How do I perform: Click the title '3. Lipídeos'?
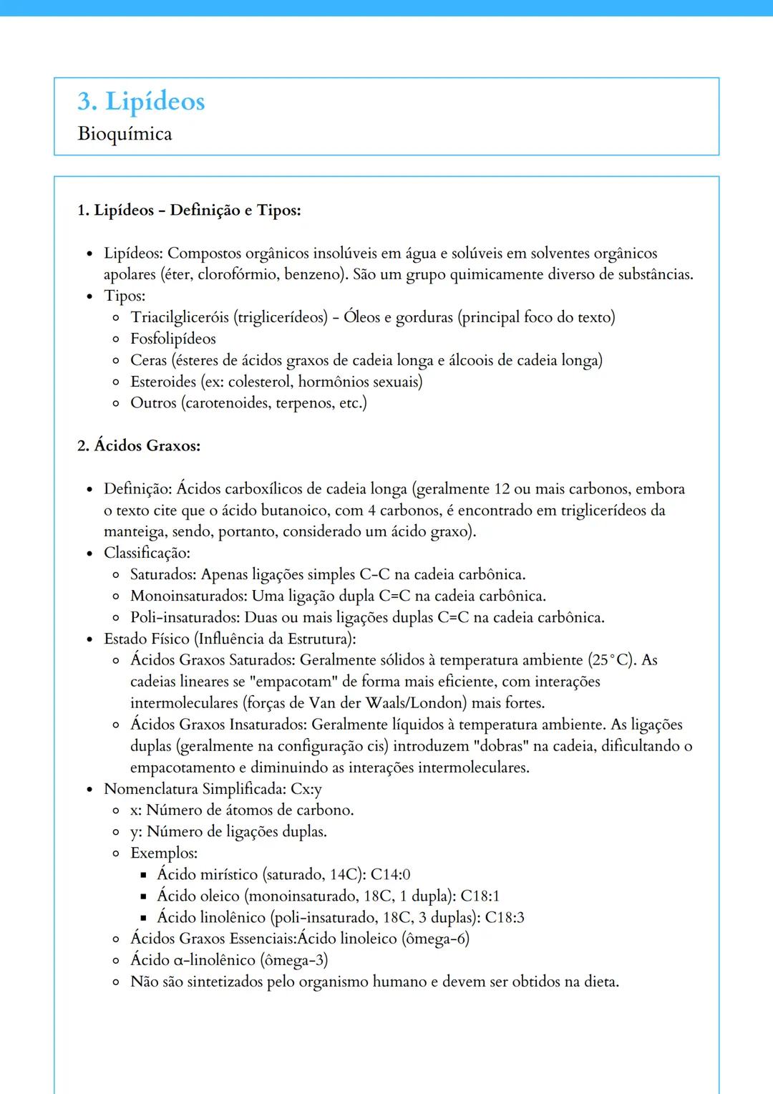point(141,102)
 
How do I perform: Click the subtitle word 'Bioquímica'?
point(125,134)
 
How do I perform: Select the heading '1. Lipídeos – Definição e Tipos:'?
point(189,210)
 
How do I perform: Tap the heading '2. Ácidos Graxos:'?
point(139,446)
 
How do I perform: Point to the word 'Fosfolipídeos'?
point(172,339)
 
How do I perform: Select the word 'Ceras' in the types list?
point(148,360)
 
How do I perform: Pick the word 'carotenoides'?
point(228,403)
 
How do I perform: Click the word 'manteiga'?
point(134,532)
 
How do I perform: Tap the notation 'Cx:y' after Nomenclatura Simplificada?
point(306,789)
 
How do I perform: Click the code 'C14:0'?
point(390,875)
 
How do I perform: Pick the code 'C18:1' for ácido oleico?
point(480,896)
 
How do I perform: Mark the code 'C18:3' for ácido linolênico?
point(505,918)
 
